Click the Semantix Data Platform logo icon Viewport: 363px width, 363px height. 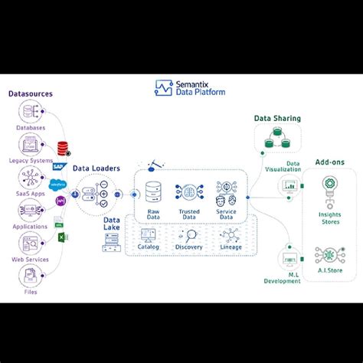163,88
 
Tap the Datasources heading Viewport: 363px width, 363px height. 30,94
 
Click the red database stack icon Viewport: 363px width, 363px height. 63,147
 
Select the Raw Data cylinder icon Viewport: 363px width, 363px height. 154,191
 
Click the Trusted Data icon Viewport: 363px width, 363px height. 188,191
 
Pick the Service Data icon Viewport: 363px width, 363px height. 224,191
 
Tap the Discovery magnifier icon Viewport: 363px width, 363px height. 189,235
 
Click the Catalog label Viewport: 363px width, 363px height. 149,247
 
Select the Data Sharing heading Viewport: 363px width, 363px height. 277,119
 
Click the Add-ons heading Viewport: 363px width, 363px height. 329,162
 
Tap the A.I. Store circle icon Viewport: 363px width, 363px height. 330,254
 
